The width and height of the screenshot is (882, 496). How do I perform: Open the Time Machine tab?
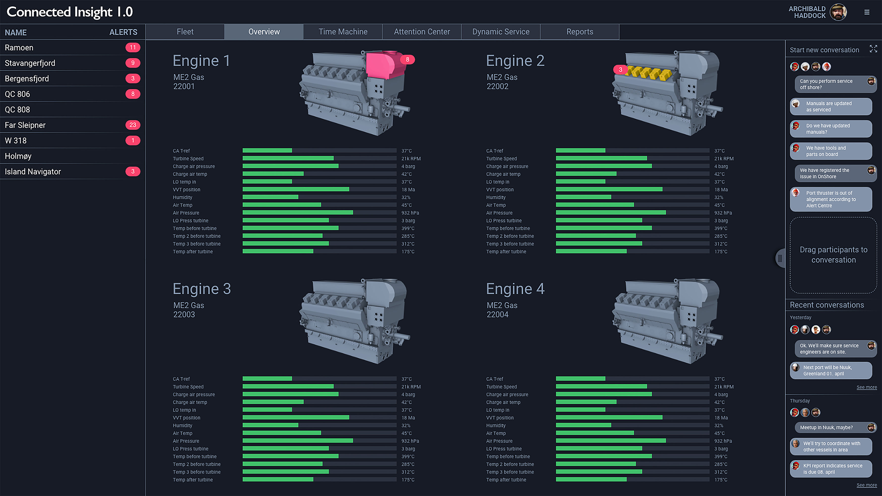[x=343, y=32]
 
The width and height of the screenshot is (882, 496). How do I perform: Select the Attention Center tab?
[x=422, y=32]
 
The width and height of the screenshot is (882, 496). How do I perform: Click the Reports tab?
[x=579, y=32]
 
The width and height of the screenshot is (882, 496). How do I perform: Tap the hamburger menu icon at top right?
[x=867, y=12]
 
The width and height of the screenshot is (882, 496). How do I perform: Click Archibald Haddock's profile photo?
[x=838, y=12]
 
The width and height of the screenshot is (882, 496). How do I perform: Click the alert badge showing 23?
[x=133, y=125]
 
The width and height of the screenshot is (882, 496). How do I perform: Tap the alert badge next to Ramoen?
[x=133, y=48]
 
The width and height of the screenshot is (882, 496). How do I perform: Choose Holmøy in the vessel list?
[x=18, y=156]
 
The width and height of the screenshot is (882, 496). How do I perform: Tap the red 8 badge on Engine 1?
[x=407, y=59]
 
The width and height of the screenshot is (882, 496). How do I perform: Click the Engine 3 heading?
[x=201, y=289]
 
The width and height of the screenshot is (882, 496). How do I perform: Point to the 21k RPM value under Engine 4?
[x=723, y=387]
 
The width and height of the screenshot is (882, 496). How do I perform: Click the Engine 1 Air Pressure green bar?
[x=297, y=213]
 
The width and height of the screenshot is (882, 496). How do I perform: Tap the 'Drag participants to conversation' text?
[x=833, y=255]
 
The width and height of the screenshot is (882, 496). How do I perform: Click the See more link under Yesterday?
[x=866, y=387]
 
